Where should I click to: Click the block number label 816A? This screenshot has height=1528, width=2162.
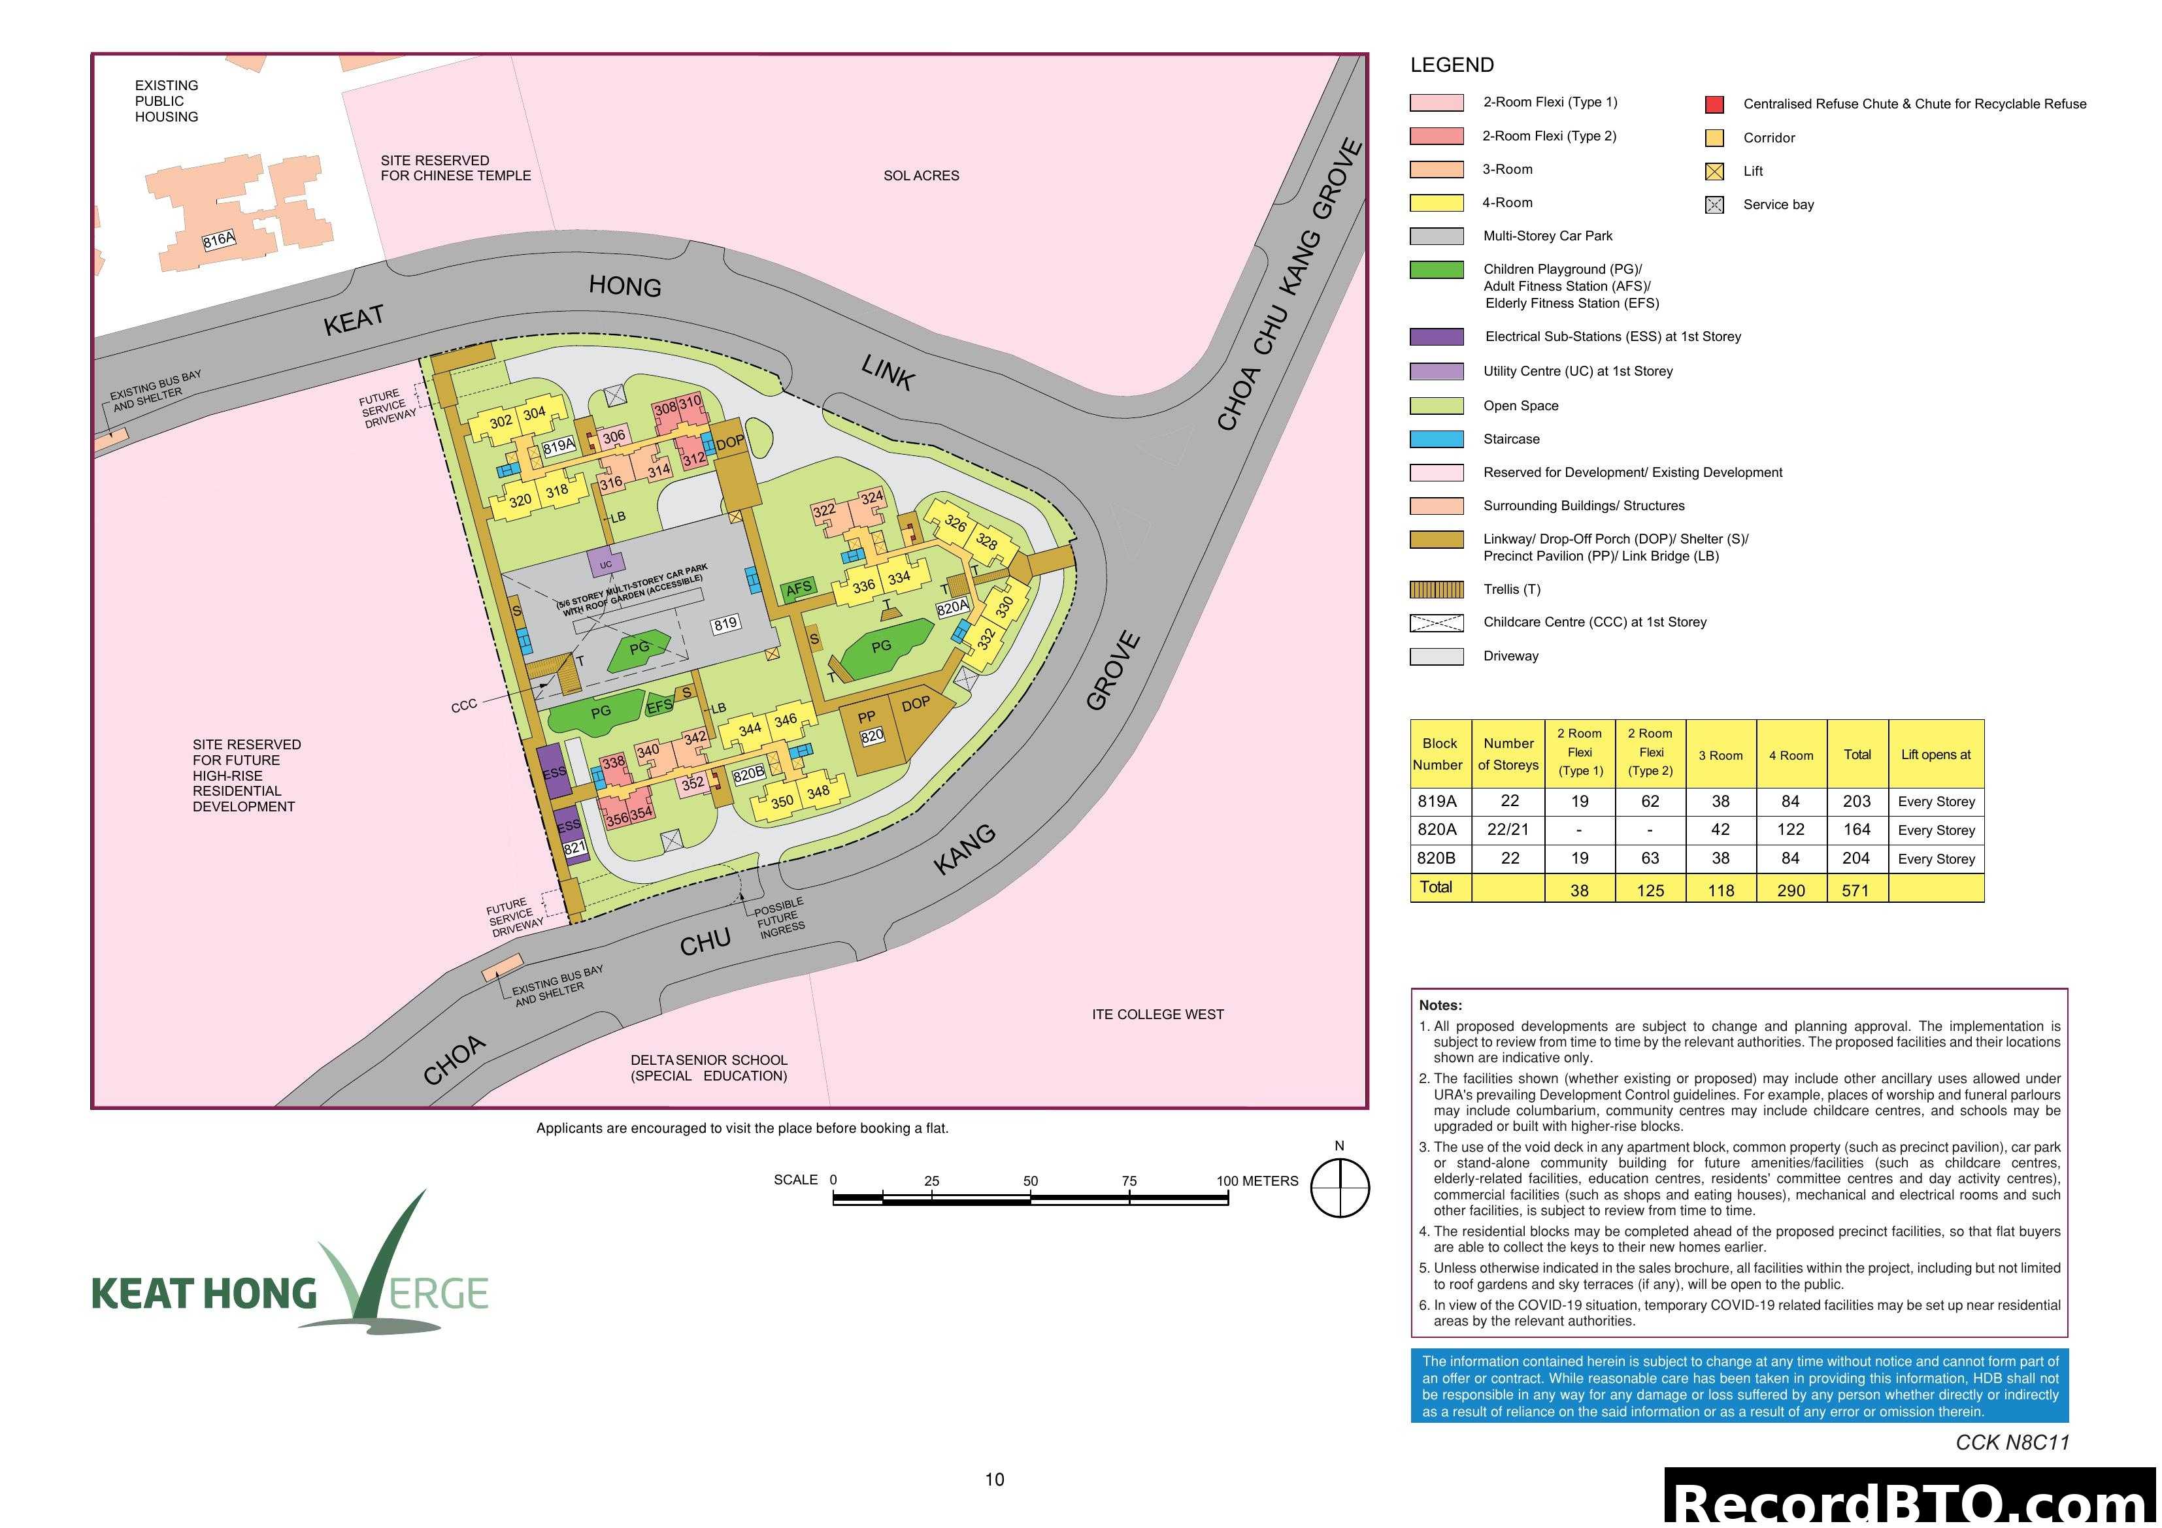pyautogui.click(x=218, y=240)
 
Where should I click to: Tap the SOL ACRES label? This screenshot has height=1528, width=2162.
pyautogui.click(x=921, y=176)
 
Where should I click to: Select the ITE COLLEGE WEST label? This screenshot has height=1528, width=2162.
pyautogui.click(x=1157, y=1014)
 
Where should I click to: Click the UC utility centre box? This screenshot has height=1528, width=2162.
pyautogui.click(x=605, y=564)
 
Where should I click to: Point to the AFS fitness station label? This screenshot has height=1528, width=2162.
pyautogui.click(x=799, y=589)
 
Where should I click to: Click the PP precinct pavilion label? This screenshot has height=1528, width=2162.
pyautogui.click(x=867, y=717)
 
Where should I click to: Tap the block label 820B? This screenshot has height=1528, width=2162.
pyautogui.click(x=748, y=774)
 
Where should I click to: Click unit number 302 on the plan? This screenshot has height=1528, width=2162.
pyautogui.click(x=501, y=422)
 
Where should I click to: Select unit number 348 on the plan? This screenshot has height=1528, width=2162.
pyautogui.click(x=818, y=792)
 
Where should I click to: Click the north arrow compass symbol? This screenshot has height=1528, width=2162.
pyautogui.click(x=1340, y=1188)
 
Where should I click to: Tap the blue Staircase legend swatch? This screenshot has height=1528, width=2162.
pyautogui.click(x=1436, y=440)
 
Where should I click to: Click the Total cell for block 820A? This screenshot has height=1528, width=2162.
pyautogui.click(x=1857, y=830)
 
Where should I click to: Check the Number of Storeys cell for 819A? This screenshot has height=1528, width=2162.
pyautogui.click(x=1510, y=801)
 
